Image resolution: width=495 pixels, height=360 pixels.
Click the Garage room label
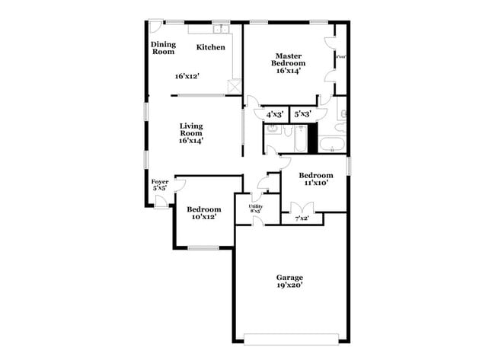(x=289, y=278)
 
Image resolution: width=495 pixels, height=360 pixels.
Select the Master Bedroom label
(x=289, y=59)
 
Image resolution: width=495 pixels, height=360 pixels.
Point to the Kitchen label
(x=211, y=47)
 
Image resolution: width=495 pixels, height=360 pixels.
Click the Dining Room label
(x=163, y=47)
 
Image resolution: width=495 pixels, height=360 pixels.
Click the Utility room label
(x=256, y=206)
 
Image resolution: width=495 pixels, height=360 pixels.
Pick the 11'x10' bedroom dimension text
(x=315, y=183)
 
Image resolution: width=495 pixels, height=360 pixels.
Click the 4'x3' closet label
(x=274, y=114)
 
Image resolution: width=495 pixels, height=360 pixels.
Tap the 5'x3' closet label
(x=302, y=114)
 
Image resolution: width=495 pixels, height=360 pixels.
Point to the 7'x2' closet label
(x=302, y=218)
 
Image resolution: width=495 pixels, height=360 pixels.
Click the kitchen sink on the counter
(x=222, y=30)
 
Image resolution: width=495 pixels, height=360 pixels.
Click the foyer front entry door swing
(x=161, y=201)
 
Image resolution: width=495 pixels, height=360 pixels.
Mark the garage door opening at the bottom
(x=289, y=338)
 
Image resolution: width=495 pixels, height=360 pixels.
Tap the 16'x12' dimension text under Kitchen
(x=187, y=76)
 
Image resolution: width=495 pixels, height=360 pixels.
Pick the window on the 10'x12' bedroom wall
(x=203, y=247)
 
